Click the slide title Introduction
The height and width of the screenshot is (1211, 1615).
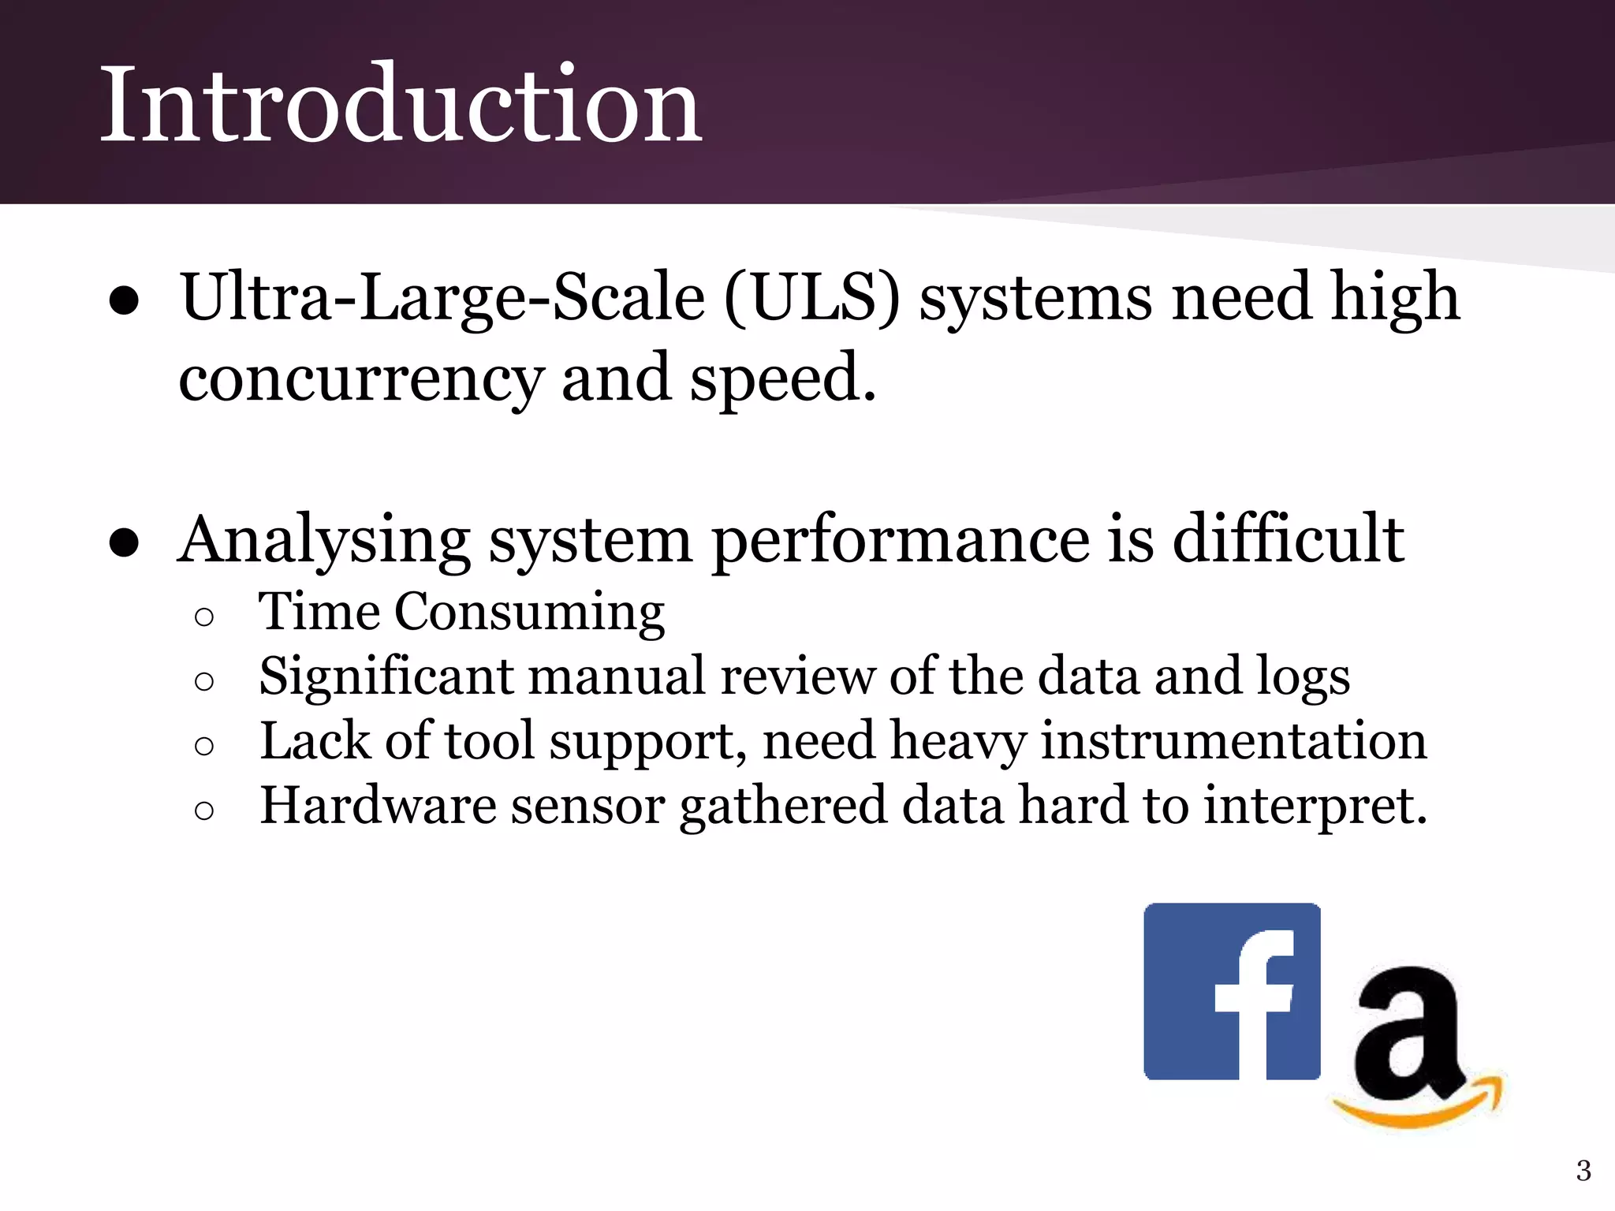point(401,104)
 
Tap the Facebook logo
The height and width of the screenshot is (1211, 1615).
point(1232,991)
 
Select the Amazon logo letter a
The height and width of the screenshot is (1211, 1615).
point(1408,1033)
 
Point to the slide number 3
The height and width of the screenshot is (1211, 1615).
point(1583,1171)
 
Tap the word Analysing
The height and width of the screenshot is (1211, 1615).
point(324,542)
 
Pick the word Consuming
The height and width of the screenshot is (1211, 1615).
point(529,613)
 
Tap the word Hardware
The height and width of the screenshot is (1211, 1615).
point(379,807)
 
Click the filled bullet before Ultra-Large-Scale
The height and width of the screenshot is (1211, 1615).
point(125,301)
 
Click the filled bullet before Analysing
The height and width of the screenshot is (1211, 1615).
point(125,543)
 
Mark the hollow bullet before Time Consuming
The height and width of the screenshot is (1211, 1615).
point(203,617)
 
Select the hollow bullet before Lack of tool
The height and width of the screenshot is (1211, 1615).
point(203,746)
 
